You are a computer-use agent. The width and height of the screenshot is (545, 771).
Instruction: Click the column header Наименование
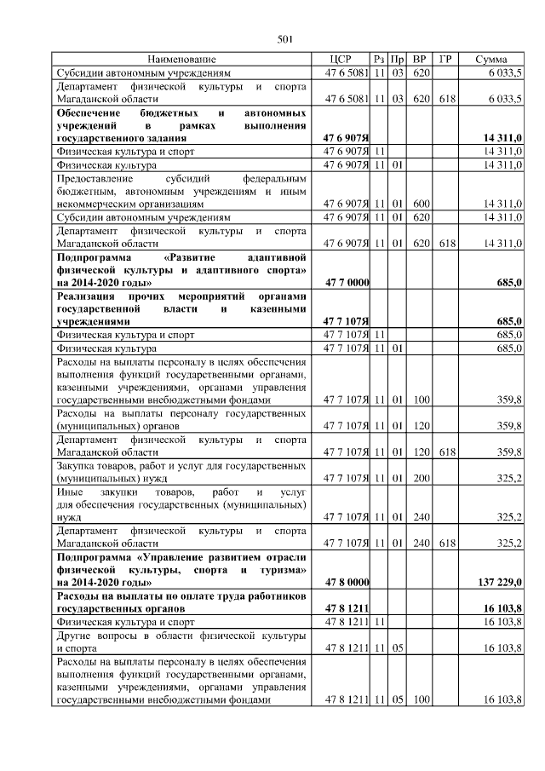tap(182, 59)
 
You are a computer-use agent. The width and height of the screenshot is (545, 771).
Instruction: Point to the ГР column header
tap(445, 59)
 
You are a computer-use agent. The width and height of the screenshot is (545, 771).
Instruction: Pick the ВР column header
tap(419, 59)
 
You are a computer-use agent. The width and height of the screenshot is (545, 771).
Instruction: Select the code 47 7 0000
tap(346, 282)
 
